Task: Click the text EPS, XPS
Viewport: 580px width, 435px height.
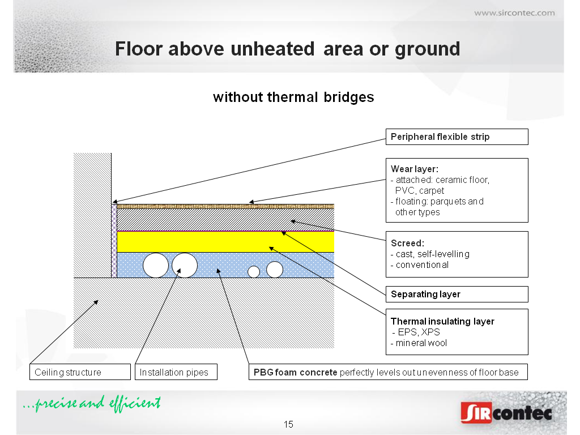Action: pyautogui.click(x=419, y=332)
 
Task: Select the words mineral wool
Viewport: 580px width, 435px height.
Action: pyautogui.click(x=421, y=343)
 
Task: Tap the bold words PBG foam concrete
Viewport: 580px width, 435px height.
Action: pyautogui.click(x=295, y=372)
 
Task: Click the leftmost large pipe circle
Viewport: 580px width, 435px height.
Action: pyautogui.click(x=156, y=265)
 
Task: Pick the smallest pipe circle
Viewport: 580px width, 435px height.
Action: pyautogui.click(x=254, y=272)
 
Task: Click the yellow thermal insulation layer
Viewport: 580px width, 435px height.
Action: pyautogui.click(x=225, y=242)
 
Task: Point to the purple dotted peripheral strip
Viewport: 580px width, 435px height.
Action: pyautogui.click(x=114, y=241)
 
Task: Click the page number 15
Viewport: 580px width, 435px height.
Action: pyautogui.click(x=288, y=424)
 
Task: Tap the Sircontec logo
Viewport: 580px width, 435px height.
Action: pyautogui.click(x=506, y=412)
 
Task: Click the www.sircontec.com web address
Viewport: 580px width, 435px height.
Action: pyautogui.click(x=514, y=13)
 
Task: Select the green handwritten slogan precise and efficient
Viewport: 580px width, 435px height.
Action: pyautogui.click(x=92, y=403)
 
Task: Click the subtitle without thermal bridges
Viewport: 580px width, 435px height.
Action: pyautogui.click(x=294, y=97)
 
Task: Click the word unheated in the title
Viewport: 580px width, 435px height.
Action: pyautogui.click(x=273, y=49)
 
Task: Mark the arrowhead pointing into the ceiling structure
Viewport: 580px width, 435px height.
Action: pyautogui.click(x=96, y=302)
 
